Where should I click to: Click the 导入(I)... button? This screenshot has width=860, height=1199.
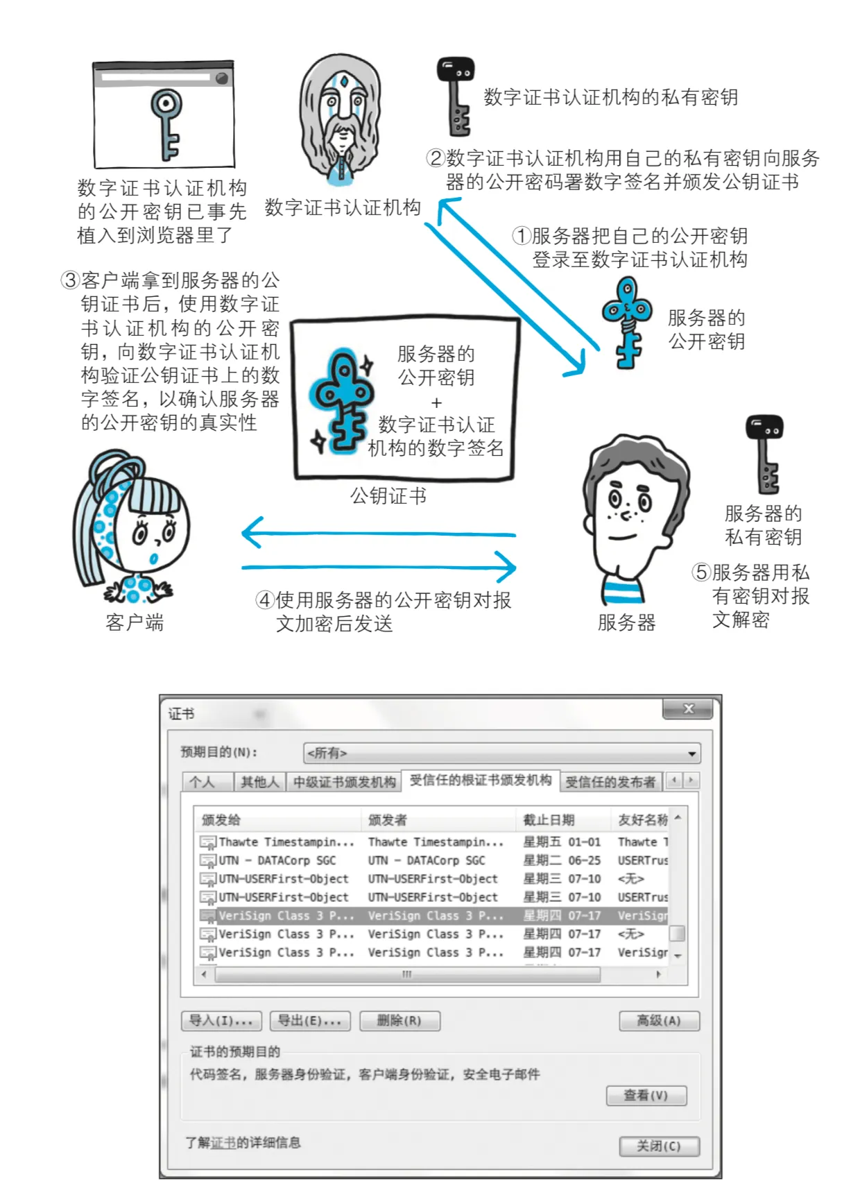coord(221,1021)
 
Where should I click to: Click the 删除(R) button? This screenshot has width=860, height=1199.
coord(399,1021)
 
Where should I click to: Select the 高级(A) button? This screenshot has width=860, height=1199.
coord(659,1021)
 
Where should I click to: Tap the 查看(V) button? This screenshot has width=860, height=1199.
coord(646,1096)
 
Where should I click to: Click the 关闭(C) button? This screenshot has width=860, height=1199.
coord(659,1146)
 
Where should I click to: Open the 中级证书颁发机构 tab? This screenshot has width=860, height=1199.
coord(344,782)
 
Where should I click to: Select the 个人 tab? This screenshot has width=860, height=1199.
coord(203,782)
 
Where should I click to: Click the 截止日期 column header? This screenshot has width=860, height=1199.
coord(549,820)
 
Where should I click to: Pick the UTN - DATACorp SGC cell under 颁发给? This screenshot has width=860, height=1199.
coord(277,860)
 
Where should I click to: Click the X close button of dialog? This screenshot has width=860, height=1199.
coord(688,709)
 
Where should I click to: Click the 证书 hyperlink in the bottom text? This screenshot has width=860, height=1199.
coord(223,1143)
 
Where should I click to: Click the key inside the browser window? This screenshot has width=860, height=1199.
coord(166,121)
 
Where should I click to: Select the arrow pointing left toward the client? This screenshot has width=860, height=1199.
coord(375,534)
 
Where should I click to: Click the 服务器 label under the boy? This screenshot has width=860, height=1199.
coord(626,622)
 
